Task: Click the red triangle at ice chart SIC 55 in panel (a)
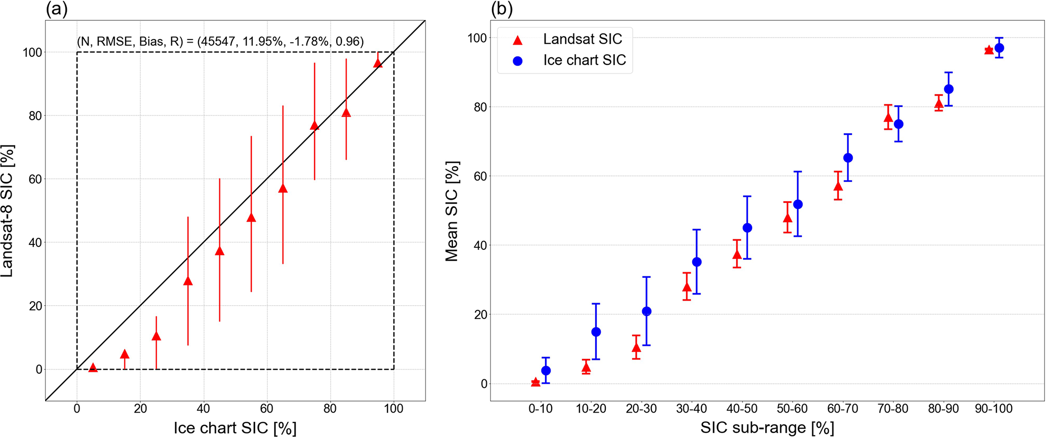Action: pyautogui.click(x=251, y=218)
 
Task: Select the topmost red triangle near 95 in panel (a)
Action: pyautogui.click(x=378, y=63)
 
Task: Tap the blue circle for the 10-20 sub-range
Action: pyautogui.click(x=596, y=332)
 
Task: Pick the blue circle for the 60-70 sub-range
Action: pyautogui.click(x=848, y=158)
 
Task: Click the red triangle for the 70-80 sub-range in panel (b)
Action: pyautogui.click(x=888, y=118)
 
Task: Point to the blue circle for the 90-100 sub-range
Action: pyautogui.click(x=999, y=48)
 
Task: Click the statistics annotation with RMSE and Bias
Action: pyautogui.click(x=220, y=42)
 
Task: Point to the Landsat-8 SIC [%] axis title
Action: pyautogui.click(x=8, y=210)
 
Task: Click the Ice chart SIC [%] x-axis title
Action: pyautogui.click(x=235, y=427)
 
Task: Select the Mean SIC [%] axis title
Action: pyautogui.click(x=452, y=211)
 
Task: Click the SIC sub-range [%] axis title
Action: pyautogui.click(x=767, y=427)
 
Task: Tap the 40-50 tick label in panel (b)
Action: pyautogui.click(x=742, y=409)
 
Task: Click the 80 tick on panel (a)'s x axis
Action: pyautogui.click(x=330, y=409)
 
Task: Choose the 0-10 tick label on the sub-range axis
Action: pyautogui.click(x=540, y=409)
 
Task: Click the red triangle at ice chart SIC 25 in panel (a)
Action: pyautogui.click(x=157, y=336)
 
